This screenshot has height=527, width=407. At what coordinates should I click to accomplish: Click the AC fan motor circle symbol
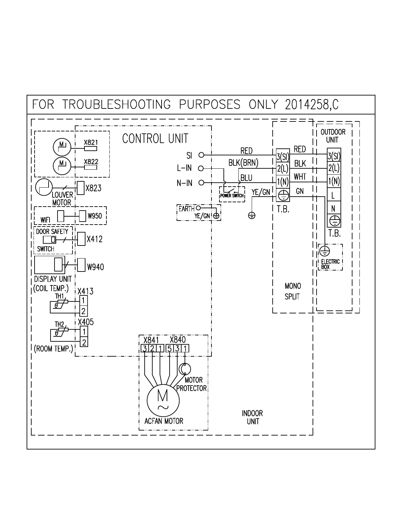pos(163,400)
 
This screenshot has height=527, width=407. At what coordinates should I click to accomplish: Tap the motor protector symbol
pos(185,369)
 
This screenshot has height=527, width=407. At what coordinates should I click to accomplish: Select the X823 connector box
pos(80,188)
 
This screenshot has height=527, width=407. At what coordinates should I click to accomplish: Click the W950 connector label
pos(95,216)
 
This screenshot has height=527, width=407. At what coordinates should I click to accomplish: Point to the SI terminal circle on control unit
pos(201,155)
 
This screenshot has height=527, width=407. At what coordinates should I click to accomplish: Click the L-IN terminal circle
pos(201,168)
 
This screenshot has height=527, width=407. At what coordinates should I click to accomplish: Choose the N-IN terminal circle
pos(201,183)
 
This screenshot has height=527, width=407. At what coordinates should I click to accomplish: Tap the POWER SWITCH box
pos(232,194)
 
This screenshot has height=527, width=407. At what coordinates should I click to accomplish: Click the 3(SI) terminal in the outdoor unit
pos(334,156)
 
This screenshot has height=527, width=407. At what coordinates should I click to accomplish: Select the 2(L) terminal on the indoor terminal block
pos(283,169)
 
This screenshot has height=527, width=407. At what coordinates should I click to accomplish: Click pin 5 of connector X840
pos(169,348)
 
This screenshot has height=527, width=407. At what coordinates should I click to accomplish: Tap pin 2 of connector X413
pos(83,311)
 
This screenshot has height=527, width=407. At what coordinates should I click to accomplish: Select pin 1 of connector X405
pos(84,331)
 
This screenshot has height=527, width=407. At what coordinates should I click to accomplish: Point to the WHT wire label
pos(300,177)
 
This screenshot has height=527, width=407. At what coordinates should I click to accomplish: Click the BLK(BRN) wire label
pos(243,163)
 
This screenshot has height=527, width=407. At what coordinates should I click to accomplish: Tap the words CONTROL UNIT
pos(155,138)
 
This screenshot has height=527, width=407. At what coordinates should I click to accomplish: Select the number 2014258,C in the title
pos(312,105)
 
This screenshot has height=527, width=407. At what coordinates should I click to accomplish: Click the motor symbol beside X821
pos(62,147)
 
